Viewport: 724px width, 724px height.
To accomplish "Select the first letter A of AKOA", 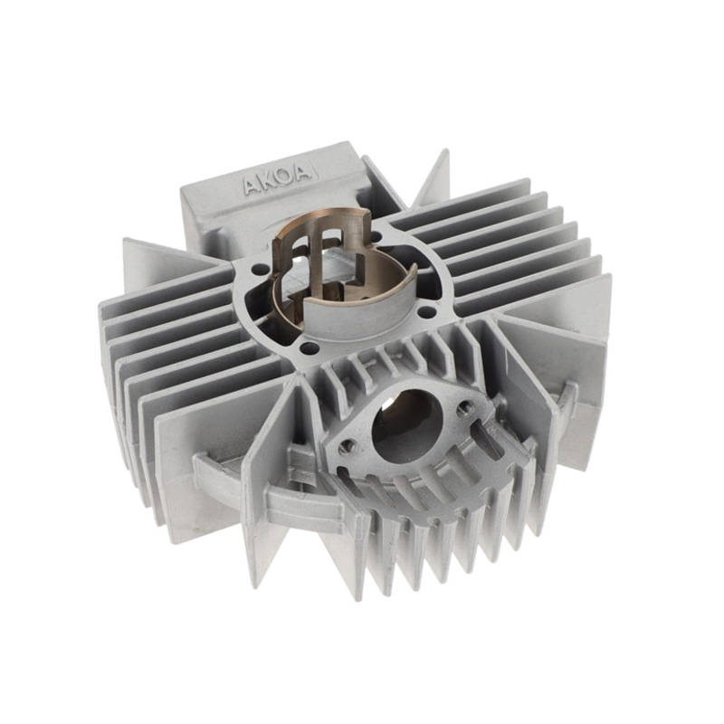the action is point(249,186).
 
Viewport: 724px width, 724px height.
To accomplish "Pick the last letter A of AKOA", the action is point(301,174).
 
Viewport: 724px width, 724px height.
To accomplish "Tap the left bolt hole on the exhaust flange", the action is point(347,445).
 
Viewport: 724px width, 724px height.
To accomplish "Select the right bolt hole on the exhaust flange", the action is point(463,408).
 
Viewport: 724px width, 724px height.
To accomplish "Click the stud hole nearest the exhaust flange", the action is point(309,347).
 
